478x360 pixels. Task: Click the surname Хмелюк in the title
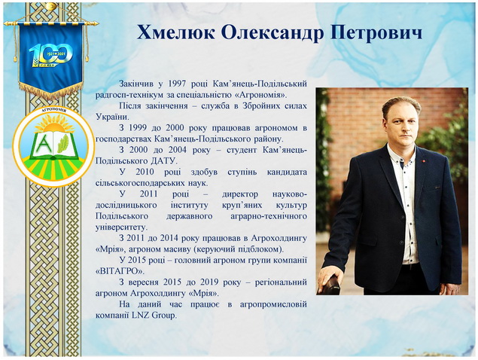click(176, 32)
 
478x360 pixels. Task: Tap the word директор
click(239, 194)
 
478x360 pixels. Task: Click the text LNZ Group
click(154, 315)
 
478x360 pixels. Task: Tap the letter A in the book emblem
click(44, 144)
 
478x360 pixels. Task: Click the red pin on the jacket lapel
click(423, 160)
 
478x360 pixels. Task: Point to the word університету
click(121, 227)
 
